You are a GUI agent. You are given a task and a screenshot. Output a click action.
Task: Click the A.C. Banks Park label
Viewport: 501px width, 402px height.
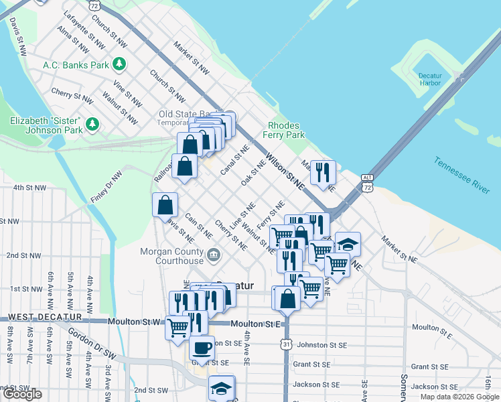[75, 65]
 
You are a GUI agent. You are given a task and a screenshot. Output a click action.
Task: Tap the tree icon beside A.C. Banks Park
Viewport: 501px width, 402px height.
[119, 64]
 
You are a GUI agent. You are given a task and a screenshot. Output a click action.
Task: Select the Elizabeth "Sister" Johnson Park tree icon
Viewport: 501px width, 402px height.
[92, 124]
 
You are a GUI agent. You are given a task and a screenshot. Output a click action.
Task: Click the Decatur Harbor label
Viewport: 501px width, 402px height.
[429, 78]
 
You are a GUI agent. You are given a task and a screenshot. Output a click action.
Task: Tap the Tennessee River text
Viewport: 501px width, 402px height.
[461, 176]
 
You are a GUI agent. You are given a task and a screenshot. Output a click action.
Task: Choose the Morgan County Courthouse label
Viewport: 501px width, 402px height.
[171, 256]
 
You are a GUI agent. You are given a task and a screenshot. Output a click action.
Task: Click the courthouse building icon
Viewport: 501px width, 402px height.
[213, 254]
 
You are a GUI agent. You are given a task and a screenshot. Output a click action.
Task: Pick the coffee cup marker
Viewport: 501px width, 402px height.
[202, 347]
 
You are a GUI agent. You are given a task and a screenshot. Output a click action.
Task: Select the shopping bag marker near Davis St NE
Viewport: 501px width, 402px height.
[165, 205]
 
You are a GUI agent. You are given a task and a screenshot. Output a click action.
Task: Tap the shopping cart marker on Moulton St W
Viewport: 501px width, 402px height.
[177, 328]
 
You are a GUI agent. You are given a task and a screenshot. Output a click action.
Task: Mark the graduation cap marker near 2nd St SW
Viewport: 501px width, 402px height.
[221, 387]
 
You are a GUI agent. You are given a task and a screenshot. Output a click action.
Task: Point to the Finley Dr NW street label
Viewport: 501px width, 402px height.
[106, 187]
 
